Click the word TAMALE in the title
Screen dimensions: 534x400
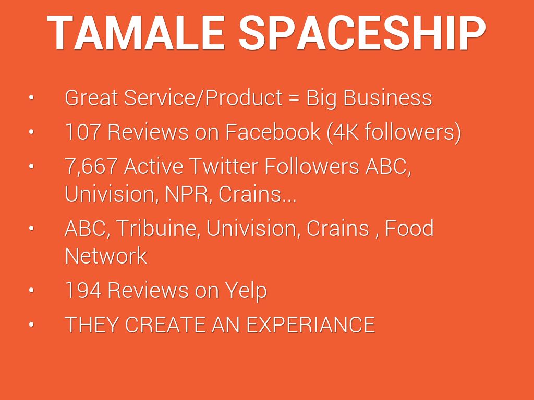tap(136, 33)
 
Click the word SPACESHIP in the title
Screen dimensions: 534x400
tap(362, 33)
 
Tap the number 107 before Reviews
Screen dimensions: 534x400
tap(82, 132)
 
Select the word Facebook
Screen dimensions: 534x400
tap(272, 132)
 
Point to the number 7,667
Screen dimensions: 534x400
tap(91, 167)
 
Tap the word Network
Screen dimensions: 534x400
tap(106, 256)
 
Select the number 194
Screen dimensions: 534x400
tap(83, 290)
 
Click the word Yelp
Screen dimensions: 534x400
tap(246, 291)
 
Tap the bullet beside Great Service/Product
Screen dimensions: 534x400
tap(31, 97)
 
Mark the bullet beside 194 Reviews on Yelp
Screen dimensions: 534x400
tap(31, 290)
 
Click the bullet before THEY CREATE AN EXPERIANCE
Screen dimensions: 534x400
tap(31, 324)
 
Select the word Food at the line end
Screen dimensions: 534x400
tap(409, 228)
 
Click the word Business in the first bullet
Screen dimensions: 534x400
tap(387, 97)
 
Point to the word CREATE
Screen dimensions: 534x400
tap(165, 324)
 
